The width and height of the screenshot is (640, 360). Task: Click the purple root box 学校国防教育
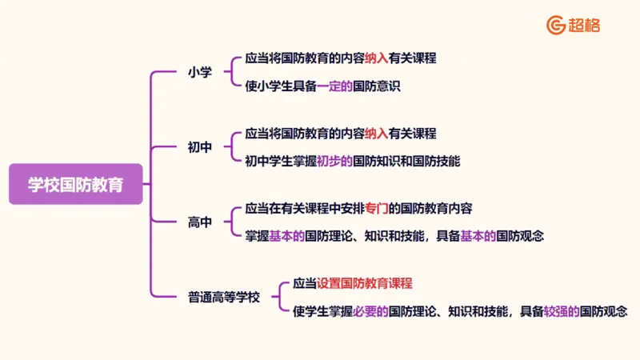coord(76,184)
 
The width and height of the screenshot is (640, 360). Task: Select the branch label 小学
coord(200,72)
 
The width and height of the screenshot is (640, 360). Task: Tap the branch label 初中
coord(200,147)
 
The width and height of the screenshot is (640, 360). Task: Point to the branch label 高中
coord(200,222)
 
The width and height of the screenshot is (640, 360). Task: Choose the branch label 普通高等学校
coord(224,297)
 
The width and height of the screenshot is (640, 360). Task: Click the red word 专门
coord(376,208)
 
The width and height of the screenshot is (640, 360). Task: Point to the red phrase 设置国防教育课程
coord(364,283)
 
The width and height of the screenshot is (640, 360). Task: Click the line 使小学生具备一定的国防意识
coord(322,86)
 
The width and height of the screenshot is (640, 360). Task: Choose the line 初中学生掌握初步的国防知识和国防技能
coord(352,161)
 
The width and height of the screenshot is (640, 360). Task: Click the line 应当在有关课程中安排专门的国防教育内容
coord(358,208)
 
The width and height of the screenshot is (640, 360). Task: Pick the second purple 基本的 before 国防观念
coord(478,236)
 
